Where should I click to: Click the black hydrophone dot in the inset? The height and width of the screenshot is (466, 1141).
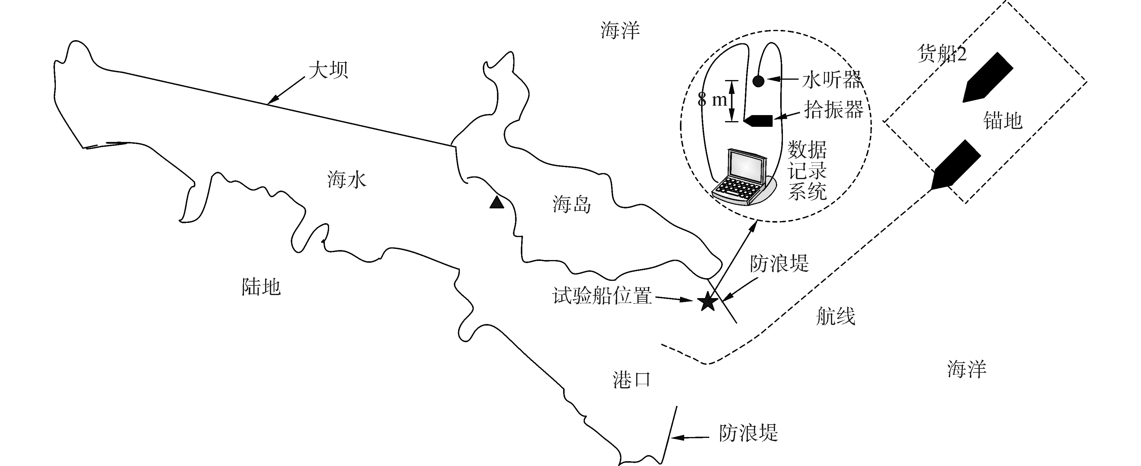coord(758,81)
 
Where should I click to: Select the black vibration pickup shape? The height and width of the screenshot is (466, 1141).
coord(758,121)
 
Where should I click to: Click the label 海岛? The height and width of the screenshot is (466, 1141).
coord(571,205)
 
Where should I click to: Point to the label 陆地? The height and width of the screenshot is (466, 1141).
coord(261,287)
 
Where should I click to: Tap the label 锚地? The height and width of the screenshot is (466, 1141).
coord(1003,121)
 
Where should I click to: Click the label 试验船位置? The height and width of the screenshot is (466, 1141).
coord(602,296)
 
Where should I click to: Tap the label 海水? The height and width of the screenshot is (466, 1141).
coord(347,180)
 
